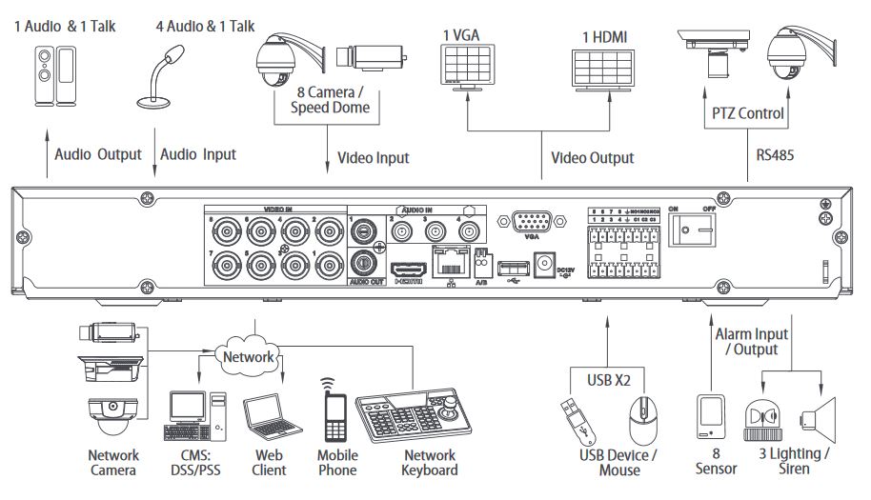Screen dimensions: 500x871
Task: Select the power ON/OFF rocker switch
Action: [x=693, y=229]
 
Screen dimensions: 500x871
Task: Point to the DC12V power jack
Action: [x=547, y=261]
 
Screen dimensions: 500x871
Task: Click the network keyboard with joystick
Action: [x=410, y=414]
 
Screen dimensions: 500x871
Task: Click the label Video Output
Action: [x=592, y=157]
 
